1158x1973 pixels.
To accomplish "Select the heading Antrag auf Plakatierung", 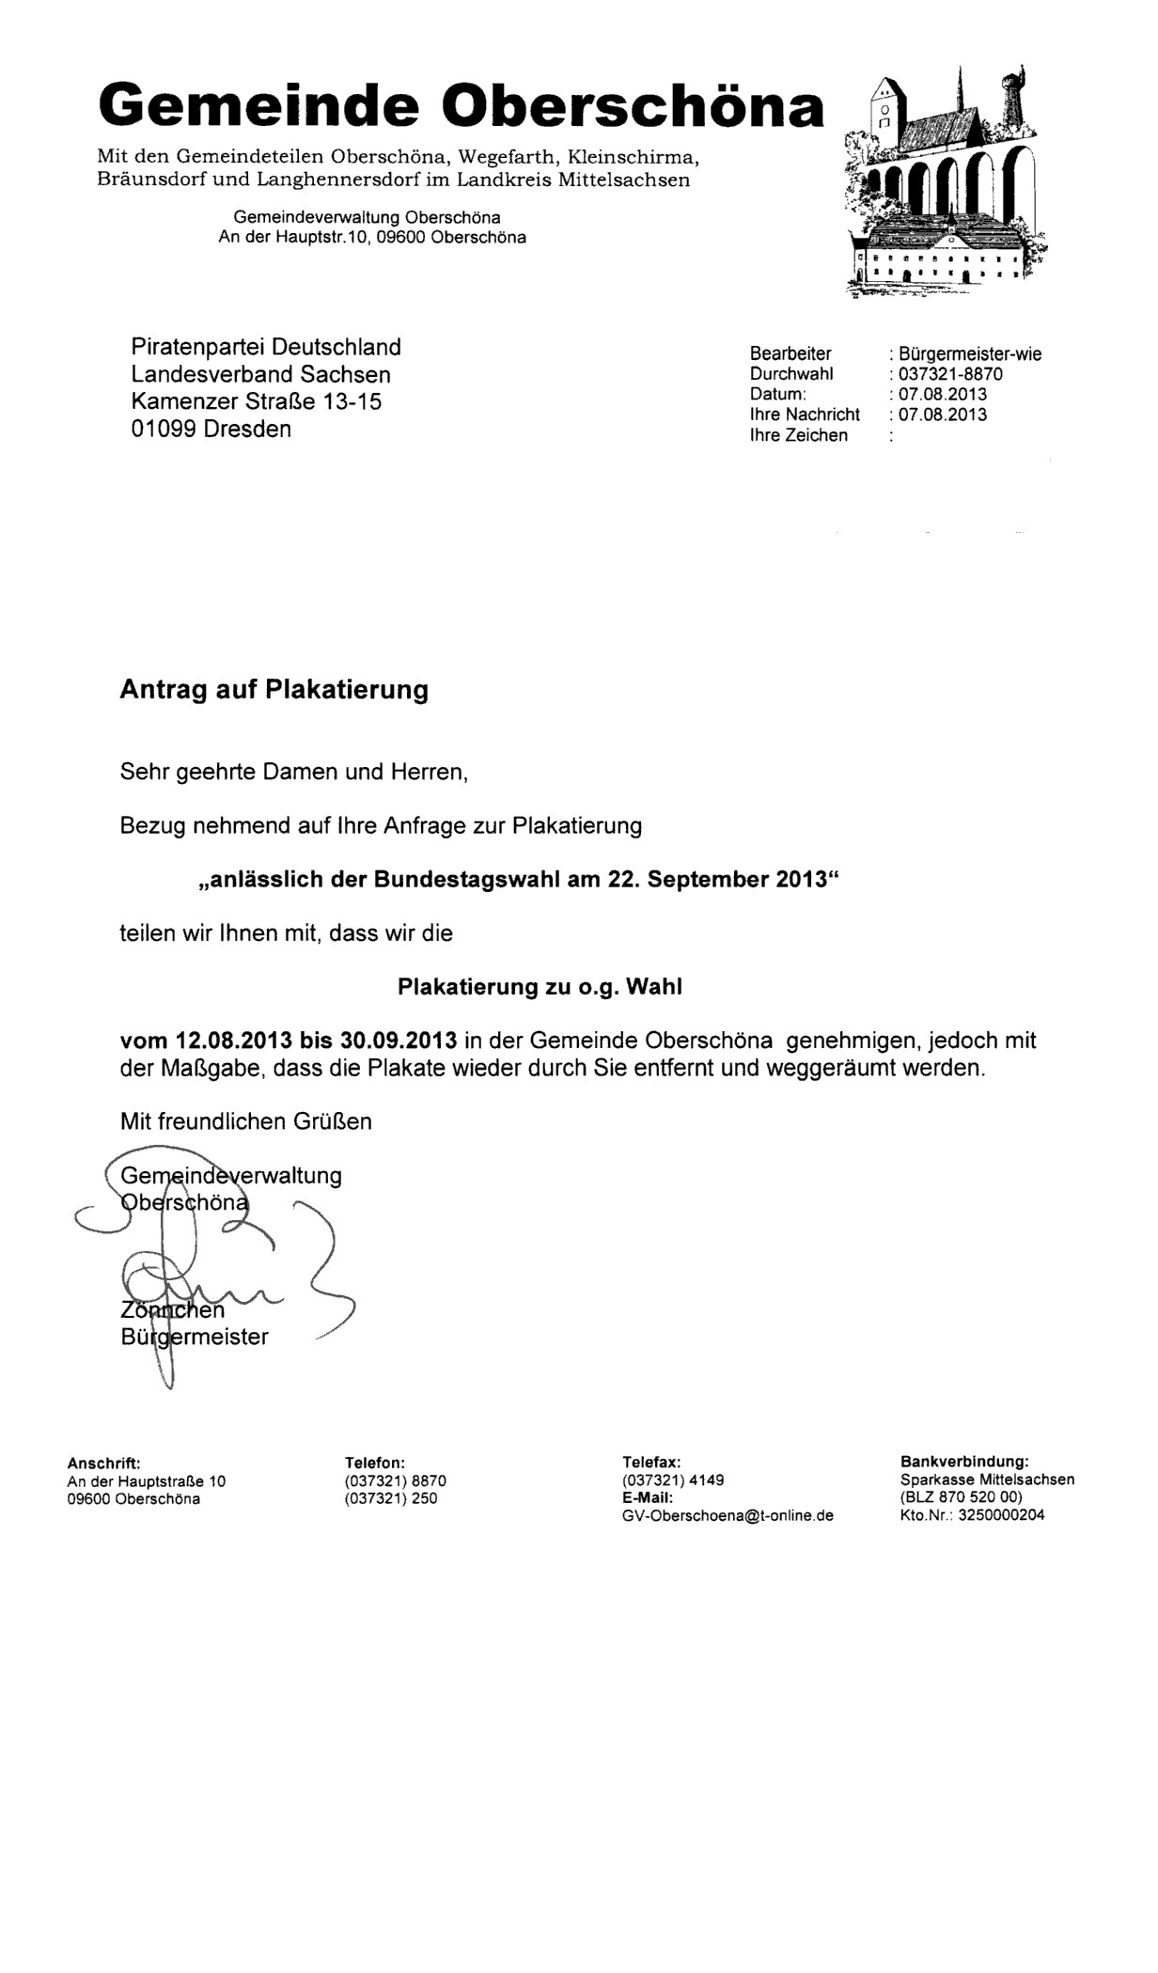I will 274,690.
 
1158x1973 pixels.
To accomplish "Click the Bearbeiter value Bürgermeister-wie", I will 969,354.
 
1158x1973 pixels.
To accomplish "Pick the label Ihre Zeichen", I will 798,435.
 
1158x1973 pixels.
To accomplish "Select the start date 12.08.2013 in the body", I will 234,1041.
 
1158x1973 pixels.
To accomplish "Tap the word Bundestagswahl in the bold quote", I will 466,880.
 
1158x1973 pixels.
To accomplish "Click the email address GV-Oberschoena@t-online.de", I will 728,1516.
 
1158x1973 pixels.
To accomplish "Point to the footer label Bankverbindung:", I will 964,1463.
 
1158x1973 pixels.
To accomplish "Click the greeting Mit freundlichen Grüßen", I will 245,1121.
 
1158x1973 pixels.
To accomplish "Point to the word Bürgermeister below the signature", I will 195,1337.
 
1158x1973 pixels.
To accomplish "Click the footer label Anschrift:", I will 103,1464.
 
